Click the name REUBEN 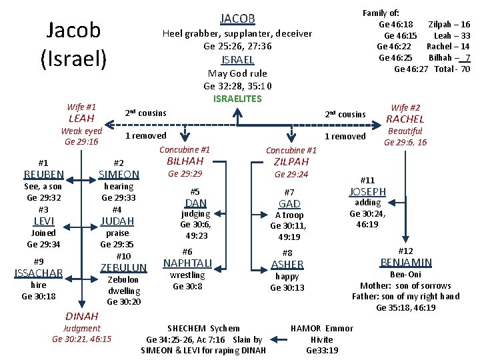click(43, 175)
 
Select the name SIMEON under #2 click(119, 175)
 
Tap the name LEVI click(43, 221)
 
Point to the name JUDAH click(117, 221)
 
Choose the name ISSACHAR click(39, 273)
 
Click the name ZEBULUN click(123, 267)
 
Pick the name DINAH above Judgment click(81, 316)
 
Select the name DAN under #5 click(195, 203)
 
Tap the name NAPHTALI click(187, 263)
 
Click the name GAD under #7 click(289, 203)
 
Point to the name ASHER click(287, 264)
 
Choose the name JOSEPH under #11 click(367, 192)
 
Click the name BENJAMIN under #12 click(405, 262)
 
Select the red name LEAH click(81, 119)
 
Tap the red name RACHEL click(405, 119)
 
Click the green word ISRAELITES click(237, 99)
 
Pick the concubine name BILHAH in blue click(185, 161)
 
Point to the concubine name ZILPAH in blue click(291, 162)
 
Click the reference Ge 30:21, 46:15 click(81, 339)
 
